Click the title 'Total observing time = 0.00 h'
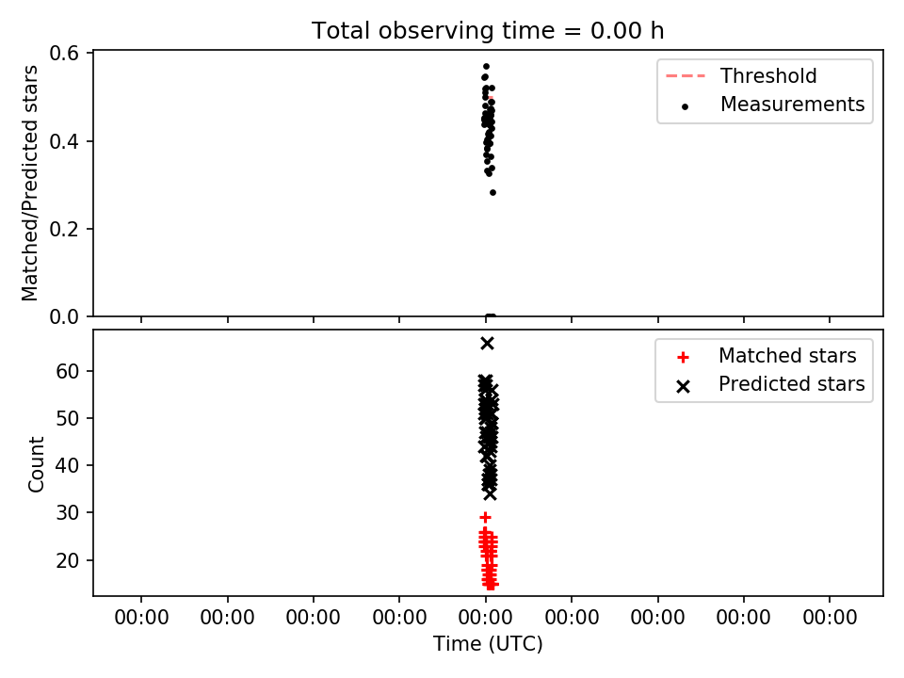pyautogui.click(x=488, y=30)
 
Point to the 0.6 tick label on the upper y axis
pyautogui.click(x=64, y=54)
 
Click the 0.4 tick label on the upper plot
pyautogui.click(x=64, y=141)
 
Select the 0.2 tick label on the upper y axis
pyautogui.click(x=64, y=229)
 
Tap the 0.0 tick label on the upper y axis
pyautogui.click(x=64, y=316)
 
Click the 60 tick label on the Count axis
pyautogui.click(x=68, y=371)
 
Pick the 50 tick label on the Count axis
pyautogui.click(x=68, y=418)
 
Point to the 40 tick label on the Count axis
pyautogui.click(x=68, y=465)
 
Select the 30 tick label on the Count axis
pyautogui.click(x=68, y=512)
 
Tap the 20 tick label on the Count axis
pyautogui.click(x=68, y=559)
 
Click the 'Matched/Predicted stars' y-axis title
pyautogui.click(x=29, y=184)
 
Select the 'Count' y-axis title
pyautogui.click(x=36, y=464)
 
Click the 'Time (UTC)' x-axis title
pyautogui.click(x=488, y=644)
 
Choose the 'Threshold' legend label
pyautogui.click(x=768, y=75)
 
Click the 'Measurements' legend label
pyautogui.click(x=792, y=105)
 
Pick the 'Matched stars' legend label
pyautogui.click(x=787, y=356)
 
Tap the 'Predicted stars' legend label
pyautogui.click(x=792, y=384)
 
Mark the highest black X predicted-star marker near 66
pyautogui.click(x=487, y=344)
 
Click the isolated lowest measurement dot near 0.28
pyautogui.click(x=492, y=192)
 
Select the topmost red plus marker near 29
pyautogui.click(x=486, y=517)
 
